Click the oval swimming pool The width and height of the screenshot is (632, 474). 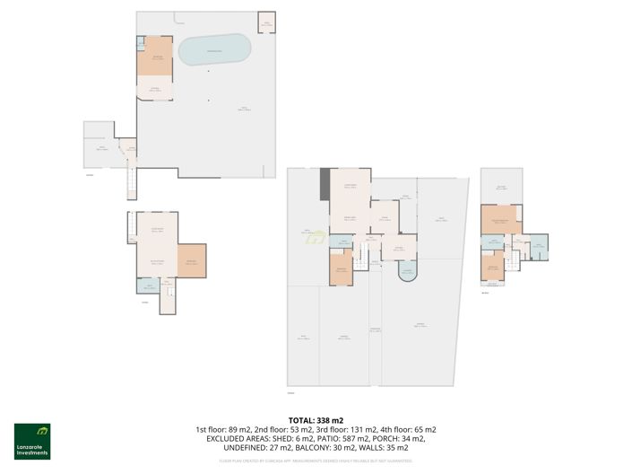click(x=214, y=50)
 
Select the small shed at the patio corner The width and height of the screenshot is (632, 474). click(x=265, y=22)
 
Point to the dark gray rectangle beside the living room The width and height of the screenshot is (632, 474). click(x=325, y=184)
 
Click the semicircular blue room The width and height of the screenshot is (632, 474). click(x=406, y=273)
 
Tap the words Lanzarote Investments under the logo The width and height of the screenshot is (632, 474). click(x=31, y=452)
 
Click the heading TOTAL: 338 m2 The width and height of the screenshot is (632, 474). click(x=315, y=420)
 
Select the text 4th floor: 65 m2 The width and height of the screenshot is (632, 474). click(x=409, y=429)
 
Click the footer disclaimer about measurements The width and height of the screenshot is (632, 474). click(x=315, y=461)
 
